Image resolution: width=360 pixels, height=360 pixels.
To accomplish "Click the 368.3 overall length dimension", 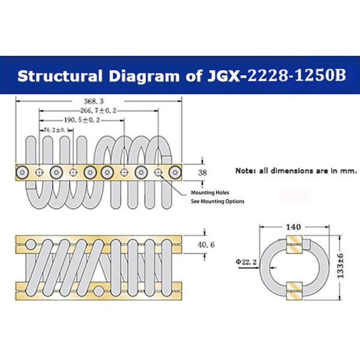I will click(97, 102).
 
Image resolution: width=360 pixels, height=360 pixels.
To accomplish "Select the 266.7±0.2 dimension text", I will click(98, 111).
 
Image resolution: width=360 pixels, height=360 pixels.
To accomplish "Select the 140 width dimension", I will click(293, 227).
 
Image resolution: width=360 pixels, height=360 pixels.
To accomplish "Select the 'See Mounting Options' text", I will click(217, 201).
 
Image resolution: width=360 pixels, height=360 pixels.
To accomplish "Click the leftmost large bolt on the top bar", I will click(22, 172).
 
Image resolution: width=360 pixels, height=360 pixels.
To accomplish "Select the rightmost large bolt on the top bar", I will click(175, 172).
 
